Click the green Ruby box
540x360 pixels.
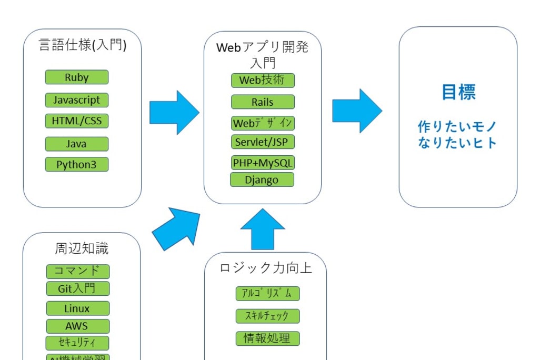(77, 77)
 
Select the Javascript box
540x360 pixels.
(77, 100)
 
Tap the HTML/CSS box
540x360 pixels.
(77, 121)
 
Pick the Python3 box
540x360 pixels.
(77, 164)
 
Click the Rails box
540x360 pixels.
(263, 102)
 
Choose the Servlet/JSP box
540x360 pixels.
(263, 142)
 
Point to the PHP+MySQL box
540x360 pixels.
(263, 163)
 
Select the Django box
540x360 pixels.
(262, 180)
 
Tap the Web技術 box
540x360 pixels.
(263, 81)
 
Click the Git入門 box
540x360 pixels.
(77, 288)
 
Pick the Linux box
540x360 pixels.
(77, 308)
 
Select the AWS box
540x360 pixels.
(77, 326)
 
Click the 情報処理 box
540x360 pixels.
(267, 338)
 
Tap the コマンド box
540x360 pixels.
(77, 272)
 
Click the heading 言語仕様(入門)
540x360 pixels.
(83, 45)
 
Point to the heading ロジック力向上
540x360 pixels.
(266, 268)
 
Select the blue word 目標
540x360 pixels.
(458, 92)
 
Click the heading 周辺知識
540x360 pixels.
(82, 248)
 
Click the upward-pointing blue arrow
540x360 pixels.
(263, 229)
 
